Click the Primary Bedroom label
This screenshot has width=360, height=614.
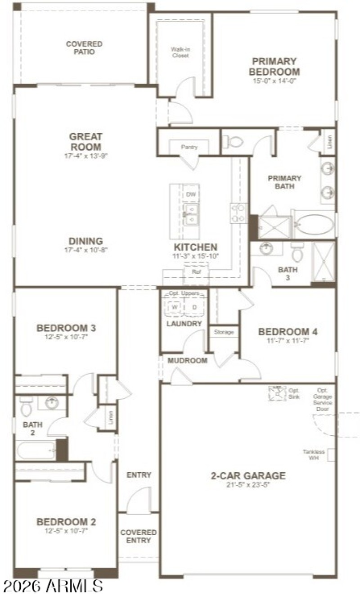click(x=274, y=67)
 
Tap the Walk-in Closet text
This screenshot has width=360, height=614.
click(x=180, y=53)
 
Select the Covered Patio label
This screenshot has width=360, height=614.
click(x=84, y=48)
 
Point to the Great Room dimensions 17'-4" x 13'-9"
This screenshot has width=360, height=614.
click(x=85, y=156)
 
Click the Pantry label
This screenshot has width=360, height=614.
click(x=189, y=147)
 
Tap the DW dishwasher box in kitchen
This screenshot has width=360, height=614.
click(x=191, y=194)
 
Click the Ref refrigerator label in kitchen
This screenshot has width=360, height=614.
click(x=196, y=271)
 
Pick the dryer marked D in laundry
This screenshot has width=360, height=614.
click(x=194, y=307)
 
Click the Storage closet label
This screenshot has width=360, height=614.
click(x=224, y=332)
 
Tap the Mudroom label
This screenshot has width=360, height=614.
click(x=188, y=361)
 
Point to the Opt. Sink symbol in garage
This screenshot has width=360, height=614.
click(x=277, y=393)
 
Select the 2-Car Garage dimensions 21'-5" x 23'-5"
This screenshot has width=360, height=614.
click(x=248, y=485)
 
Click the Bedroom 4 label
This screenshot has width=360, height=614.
click(x=288, y=332)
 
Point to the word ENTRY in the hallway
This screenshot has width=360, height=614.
click(x=139, y=475)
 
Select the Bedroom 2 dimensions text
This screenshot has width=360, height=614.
click(x=66, y=531)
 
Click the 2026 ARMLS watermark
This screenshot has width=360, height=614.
click(x=53, y=586)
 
